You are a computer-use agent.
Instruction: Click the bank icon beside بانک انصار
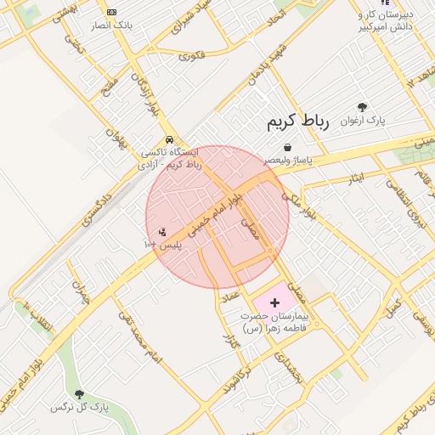[112, 12]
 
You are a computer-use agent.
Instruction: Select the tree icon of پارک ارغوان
[363, 107]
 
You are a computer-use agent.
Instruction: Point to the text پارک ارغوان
[363, 121]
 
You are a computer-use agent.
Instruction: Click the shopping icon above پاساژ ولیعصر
[289, 146]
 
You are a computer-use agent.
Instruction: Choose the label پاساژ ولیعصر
[288, 159]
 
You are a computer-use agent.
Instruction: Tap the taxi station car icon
[170, 139]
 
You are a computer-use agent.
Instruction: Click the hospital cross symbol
[274, 302]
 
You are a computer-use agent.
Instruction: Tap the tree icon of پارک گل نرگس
[80, 393]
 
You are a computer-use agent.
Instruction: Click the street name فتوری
[191, 56]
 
